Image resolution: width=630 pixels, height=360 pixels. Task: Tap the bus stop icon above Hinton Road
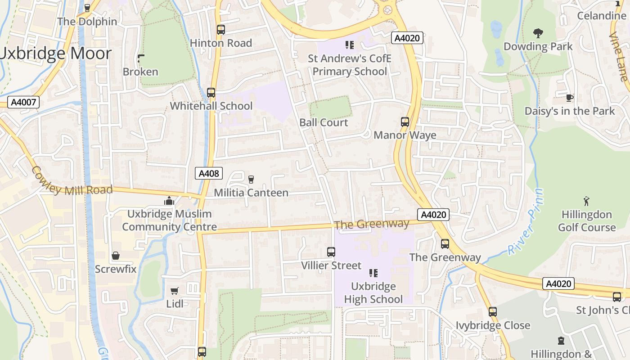pyautogui.click(x=220, y=30)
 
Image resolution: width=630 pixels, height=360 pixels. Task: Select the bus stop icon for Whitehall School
pyautogui.click(x=211, y=93)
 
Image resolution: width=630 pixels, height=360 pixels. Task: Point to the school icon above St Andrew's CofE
pyautogui.click(x=350, y=45)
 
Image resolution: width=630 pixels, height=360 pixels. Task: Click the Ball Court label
pyautogui.click(x=324, y=122)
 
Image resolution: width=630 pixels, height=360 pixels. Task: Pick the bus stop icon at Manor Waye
pyautogui.click(x=405, y=121)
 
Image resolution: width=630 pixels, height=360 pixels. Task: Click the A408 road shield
pyautogui.click(x=209, y=173)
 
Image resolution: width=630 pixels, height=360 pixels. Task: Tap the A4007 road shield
pyautogui.click(x=23, y=102)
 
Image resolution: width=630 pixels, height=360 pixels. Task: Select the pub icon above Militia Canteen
pyautogui.click(x=251, y=179)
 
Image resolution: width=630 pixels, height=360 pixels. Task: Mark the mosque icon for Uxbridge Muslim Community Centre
pyautogui.click(x=169, y=201)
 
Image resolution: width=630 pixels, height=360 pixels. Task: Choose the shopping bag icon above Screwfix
pyautogui.click(x=116, y=256)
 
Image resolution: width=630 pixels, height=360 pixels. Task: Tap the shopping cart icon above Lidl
pyautogui.click(x=175, y=291)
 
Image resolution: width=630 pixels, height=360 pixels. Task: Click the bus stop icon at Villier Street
pyautogui.click(x=331, y=252)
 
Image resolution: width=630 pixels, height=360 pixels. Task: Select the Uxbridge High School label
pyautogui.click(x=373, y=292)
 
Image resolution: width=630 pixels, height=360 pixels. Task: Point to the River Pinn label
pyautogui.click(x=526, y=223)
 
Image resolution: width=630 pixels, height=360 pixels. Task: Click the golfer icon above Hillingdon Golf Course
pyautogui.click(x=586, y=201)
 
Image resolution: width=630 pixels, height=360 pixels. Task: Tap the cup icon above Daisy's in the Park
pyautogui.click(x=570, y=98)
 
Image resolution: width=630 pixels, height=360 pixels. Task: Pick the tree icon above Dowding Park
pyautogui.click(x=538, y=33)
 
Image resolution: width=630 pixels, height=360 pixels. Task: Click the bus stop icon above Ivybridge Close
pyautogui.click(x=493, y=311)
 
